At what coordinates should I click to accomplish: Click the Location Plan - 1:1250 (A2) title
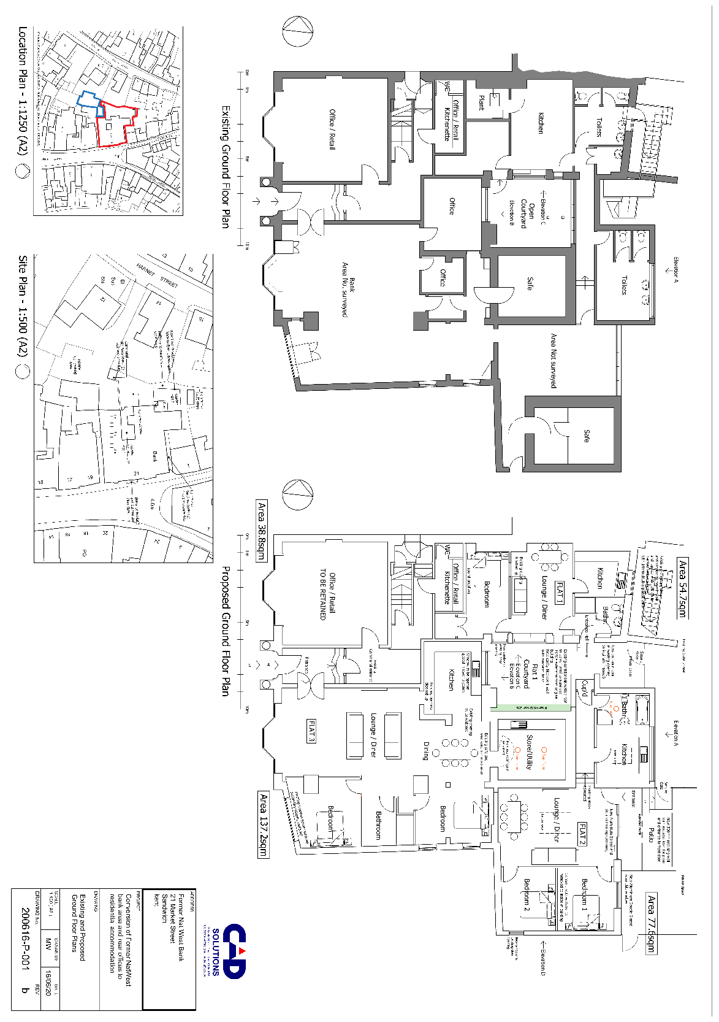(x=23, y=99)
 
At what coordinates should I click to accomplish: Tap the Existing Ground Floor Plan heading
(x=226, y=167)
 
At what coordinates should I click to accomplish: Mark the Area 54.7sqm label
(x=682, y=588)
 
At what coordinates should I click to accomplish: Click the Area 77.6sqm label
(x=651, y=923)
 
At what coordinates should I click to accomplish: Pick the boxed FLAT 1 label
(x=560, y=593)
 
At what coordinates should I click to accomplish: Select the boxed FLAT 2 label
(x=582, y=834)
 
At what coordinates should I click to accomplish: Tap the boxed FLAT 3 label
(x=311, y=731)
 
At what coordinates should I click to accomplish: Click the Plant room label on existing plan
(x=482, y=102)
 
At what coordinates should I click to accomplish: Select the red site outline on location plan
(x=116, y=126)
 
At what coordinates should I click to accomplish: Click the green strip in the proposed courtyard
(x=530, y=708)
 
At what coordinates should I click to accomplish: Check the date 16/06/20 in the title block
(x=48, y=982)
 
